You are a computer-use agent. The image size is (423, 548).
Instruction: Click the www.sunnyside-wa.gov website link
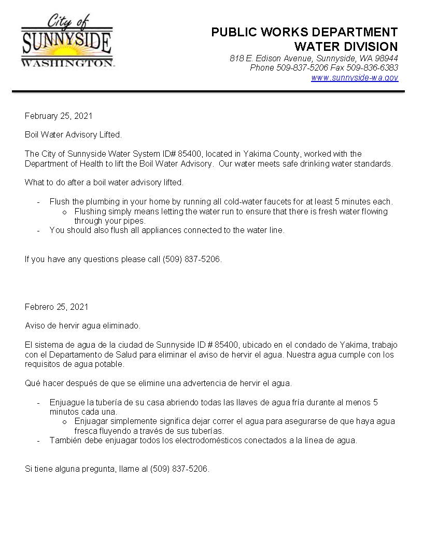click(x=355, y=78)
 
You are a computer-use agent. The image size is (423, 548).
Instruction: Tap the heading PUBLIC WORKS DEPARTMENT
click(x=304, y=32)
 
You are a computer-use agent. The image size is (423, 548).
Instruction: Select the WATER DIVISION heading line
click(x=346, y=47)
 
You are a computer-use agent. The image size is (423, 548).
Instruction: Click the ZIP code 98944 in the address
click(x=386, y=59)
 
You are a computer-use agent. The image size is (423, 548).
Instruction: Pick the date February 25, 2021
click(x=59, y=116)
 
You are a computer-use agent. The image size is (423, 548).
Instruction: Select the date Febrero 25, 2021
click(x=57, y=307)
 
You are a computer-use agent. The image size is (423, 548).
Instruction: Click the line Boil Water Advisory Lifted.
click(x=73, y=135)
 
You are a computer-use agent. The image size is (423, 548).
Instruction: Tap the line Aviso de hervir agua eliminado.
click(x=82, y=326)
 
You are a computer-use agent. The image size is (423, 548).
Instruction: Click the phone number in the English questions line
click(x=192, y=259)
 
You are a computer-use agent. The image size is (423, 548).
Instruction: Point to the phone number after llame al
click(x=179, y=469)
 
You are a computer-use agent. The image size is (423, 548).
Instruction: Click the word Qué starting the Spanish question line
click(x=32, y=383)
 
